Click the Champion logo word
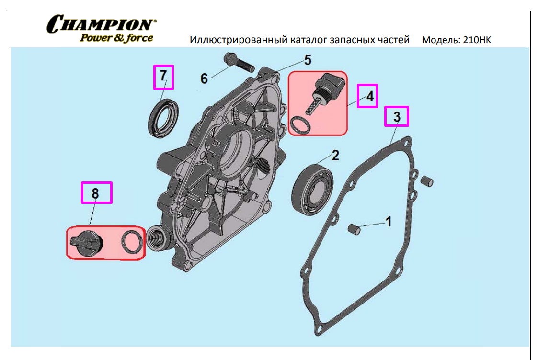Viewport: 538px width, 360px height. [101, 24]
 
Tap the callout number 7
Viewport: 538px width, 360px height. [163, 76]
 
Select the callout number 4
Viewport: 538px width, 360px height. [370, 96]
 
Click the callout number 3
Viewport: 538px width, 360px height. [397, 117]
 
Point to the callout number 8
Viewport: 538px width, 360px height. [95, 193]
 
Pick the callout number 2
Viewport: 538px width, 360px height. [335, 155]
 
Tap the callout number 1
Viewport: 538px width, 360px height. [389, 222]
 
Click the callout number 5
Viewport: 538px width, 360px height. [308, 60]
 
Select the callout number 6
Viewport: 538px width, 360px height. [204, 79]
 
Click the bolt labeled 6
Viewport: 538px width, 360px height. [239, 62]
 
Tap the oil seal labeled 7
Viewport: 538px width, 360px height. [163, 118]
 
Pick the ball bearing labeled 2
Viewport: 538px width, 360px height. [312, 190]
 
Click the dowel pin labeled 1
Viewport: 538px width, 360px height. [354, 229]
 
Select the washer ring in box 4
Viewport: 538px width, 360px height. [300, 125]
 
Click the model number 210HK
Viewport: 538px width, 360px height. [477, 40]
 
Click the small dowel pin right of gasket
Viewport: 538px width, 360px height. [427, 181]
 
